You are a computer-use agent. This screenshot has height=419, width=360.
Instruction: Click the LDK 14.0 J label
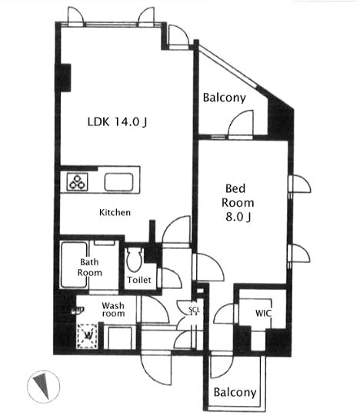(117, 122)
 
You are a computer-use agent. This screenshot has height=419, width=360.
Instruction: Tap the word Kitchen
(115, 212)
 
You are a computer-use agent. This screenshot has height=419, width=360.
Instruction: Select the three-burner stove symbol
(78, 182)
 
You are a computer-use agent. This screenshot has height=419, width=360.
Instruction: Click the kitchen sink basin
(118, 182)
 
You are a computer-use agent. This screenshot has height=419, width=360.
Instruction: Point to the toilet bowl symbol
(134, 260)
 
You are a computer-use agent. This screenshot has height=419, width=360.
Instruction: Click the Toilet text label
(139, 280)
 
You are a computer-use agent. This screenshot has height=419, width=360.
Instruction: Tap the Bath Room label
(89, 268)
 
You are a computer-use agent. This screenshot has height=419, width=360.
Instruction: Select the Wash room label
(113, 309)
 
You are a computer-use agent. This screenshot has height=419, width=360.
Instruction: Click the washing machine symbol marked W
(87, 336)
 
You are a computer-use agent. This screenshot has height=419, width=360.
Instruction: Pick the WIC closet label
(263, 313)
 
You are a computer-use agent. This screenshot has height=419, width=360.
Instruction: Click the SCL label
(194, 309)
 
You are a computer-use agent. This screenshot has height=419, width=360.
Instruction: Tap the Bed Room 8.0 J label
(238, 203)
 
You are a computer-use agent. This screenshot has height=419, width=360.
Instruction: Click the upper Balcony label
(224, 98)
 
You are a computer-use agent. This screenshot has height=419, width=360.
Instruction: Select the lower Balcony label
(235, 392)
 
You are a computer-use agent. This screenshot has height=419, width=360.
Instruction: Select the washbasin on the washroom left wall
(78, 310)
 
